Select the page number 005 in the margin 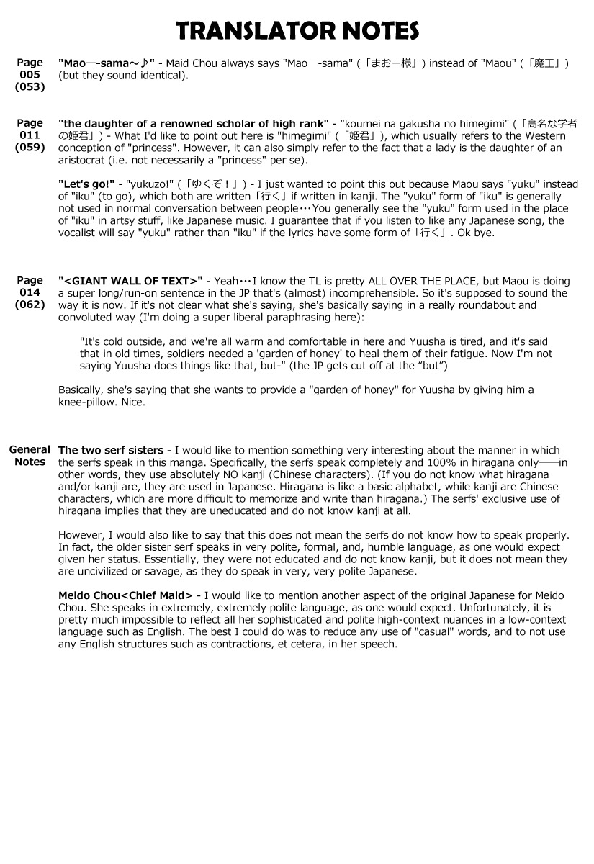(30, 75)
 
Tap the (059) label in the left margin (30, 147)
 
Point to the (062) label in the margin (30, 305)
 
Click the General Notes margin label (30, 456)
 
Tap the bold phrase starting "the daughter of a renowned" (194, 124)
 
